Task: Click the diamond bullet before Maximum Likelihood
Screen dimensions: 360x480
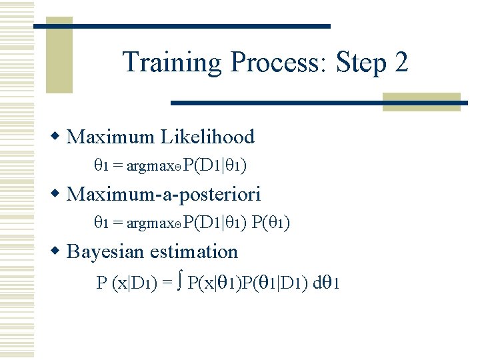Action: (58, 137)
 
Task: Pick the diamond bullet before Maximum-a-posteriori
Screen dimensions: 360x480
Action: (58, 195)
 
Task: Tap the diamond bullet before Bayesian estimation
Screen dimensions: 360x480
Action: (58, 252)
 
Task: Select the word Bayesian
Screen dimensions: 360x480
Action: (106, 252)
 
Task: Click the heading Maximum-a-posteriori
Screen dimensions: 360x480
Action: (164, 195)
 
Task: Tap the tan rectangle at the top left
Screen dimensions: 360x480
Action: (59, 57)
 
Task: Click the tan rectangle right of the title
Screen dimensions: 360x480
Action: (421, 101)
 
